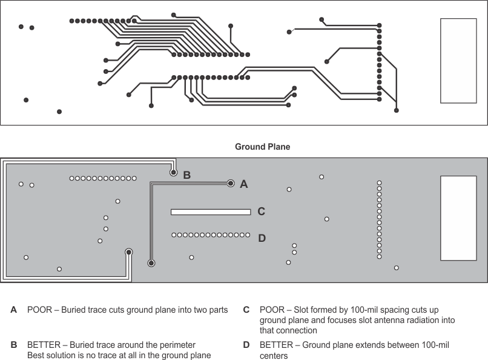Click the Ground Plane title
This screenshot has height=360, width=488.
pyautogui.click(x=262, y=147)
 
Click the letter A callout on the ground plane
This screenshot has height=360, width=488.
pyautogui.click(x=244, y=184)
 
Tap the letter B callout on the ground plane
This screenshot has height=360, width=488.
pyautogui.click(x=187, y=175)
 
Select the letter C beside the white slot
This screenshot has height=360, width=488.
pyautogui.click(x=262, y=212)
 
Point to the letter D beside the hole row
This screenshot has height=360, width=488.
pyautogui.click(x=262, y=238)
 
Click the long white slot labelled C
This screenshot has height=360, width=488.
pyautogui.click(x=211, y=212)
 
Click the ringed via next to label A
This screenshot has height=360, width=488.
pyautogui.click(x=230, y=182)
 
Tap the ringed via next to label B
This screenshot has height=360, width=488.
pyautogui.click(x=173, y=173)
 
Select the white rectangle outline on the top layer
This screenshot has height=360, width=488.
pyautogui.click(x=458, y=61)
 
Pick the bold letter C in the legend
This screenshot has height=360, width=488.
pyautogui.click(x=246, y=310)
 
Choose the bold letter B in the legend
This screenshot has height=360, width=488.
pyautogui.click(x=14, y=345)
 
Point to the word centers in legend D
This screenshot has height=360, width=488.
pyautogui.click(x=272, y=355)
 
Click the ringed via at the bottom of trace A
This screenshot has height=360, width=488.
pyautogui.click(x=151, y=263)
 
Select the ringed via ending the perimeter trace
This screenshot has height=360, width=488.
pyautogui.click(x=129, y=252)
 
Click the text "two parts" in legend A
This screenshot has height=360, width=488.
pyautogui.click(x=209, y=310)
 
